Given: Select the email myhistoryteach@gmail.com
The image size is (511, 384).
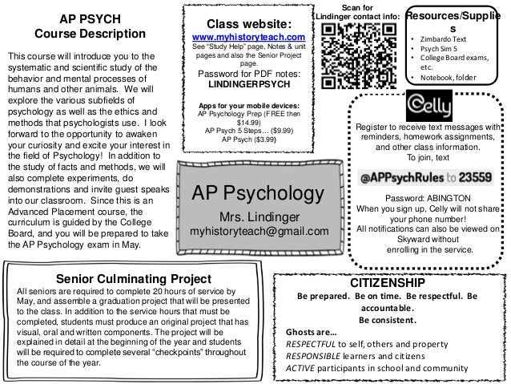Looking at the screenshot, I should tap(259, 232).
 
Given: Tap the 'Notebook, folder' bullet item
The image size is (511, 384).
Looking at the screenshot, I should tap(449, 78).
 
